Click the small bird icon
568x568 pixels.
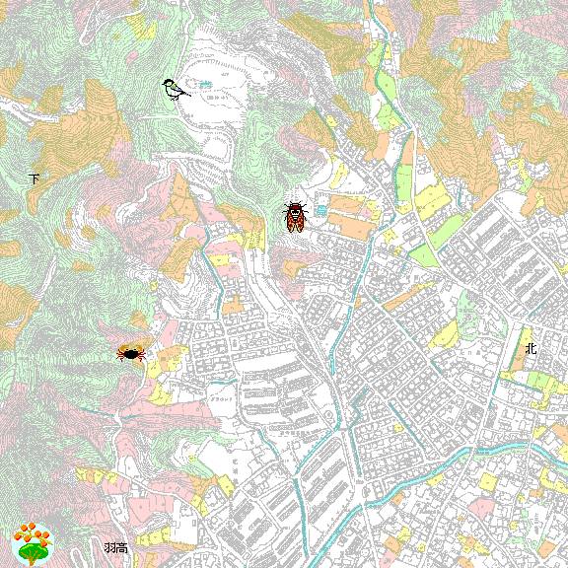pos(176,89)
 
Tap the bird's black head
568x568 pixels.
pos(169,83)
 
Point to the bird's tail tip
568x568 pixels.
pos(187,96)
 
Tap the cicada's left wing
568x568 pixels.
pos(288,221)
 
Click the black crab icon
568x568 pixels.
pos(129,352)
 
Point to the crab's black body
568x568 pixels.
pos(129,352)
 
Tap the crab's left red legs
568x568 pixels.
pos(121,354)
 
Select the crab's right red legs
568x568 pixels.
pos(138,354)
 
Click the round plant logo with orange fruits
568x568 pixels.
pos(32,542)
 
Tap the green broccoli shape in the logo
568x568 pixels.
pos(32,552)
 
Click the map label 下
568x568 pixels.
pos(35,179)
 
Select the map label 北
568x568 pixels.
pos(531,348)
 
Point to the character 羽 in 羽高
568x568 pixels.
pos(109,547)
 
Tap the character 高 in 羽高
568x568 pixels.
pos(121,547)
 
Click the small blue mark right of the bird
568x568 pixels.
pos(205,84)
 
